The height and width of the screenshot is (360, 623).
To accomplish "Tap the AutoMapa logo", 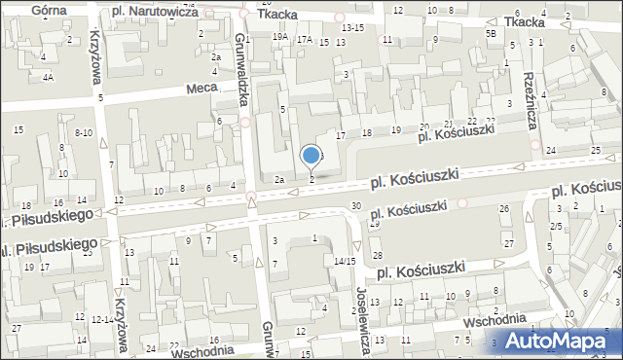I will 550,341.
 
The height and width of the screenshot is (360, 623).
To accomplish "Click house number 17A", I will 305,39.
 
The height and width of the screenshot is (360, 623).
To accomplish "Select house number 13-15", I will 351,28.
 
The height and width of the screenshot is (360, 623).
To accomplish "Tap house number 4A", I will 47,76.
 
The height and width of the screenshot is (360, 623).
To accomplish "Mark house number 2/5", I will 556,226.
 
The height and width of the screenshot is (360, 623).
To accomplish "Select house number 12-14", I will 100,318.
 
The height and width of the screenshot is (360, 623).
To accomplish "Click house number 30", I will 356,205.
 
